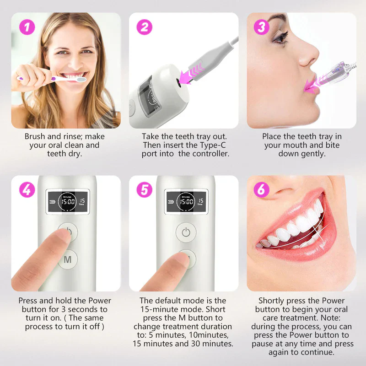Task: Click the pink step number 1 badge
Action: point(27,27)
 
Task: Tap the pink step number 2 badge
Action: point(145,27)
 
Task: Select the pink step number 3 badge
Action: point(261,27)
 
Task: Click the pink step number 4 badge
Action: point(27,189)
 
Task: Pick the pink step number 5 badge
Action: point(145,189)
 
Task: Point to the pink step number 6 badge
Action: point(261,189)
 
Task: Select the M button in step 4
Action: point(68,260)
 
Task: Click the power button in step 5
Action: point(185,232)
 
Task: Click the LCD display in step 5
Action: point(185,201)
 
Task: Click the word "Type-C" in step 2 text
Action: point(213,145)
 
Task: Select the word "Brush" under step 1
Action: point(35,136)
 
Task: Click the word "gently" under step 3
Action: point(313,154)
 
